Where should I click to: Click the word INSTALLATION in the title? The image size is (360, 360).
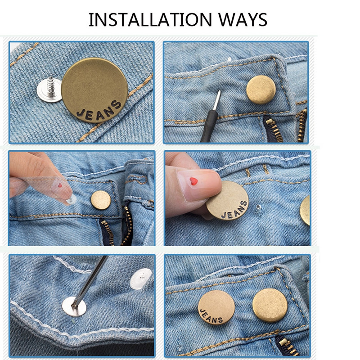(x=150, y=20)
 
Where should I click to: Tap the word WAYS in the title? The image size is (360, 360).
(x=243, y=20)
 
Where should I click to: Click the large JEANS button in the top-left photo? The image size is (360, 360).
(x=94, y=90)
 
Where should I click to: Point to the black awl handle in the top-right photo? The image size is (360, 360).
(x=209, y=126)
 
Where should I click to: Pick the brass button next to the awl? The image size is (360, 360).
(x=261, y=90)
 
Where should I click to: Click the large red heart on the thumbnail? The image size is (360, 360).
(x=193, y=181)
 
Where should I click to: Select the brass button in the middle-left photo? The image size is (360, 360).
(x=101, y=200)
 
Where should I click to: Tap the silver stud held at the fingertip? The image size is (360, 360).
(x=72, y=199)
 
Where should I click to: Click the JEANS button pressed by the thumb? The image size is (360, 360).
(x=227, y=200)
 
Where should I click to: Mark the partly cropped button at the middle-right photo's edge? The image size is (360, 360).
(x=305, y=210)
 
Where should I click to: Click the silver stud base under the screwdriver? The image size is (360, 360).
(x=74, y=306)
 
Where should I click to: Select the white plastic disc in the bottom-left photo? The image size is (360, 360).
(x=140, y=279)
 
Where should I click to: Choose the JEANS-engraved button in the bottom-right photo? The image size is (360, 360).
(x=216, y=308)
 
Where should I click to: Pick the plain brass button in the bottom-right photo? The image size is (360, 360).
(x=270, y=306)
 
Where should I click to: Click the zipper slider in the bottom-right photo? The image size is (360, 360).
(x=285, y=345)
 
